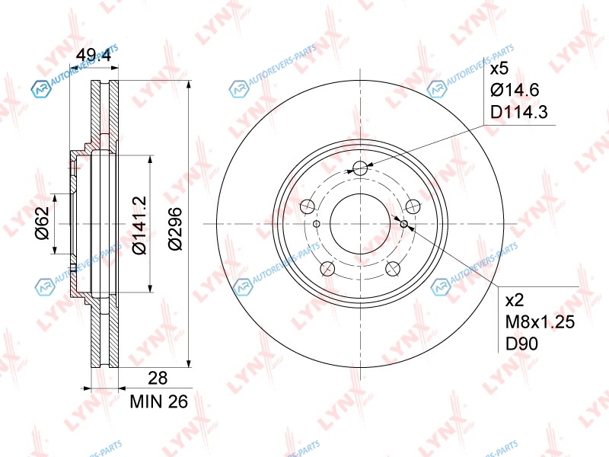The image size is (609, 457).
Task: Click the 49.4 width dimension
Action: [93, 55]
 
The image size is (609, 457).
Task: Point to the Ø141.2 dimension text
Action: [140, 225]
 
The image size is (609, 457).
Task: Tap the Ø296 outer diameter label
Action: [175, 228]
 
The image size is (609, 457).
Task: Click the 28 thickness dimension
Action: [158, 378]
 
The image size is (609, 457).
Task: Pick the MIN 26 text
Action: [159, 401]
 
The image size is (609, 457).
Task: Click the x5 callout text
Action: [499, 69]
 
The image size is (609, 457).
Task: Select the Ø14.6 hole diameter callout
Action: [515, 90]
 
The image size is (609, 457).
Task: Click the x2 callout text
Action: [515, 300]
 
